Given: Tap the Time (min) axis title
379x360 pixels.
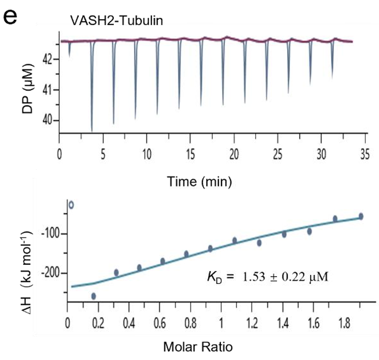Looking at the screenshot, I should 200,181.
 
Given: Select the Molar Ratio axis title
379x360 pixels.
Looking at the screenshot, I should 213,346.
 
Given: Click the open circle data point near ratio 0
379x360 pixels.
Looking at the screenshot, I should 71,205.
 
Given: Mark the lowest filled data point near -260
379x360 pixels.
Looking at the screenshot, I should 93,296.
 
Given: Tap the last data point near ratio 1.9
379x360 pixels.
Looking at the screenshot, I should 361,216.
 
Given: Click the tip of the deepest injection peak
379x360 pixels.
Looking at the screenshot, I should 91,131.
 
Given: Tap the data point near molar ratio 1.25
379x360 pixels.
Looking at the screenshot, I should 259,243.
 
